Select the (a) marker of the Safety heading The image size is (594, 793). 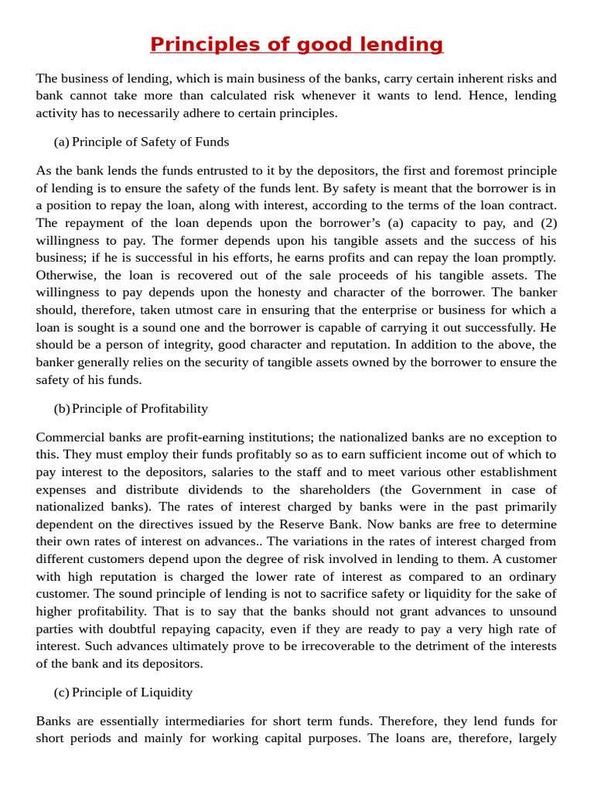tap(61, 142)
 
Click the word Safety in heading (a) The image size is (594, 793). tap(147, 142)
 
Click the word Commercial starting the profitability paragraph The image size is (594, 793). tap(68, 437)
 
